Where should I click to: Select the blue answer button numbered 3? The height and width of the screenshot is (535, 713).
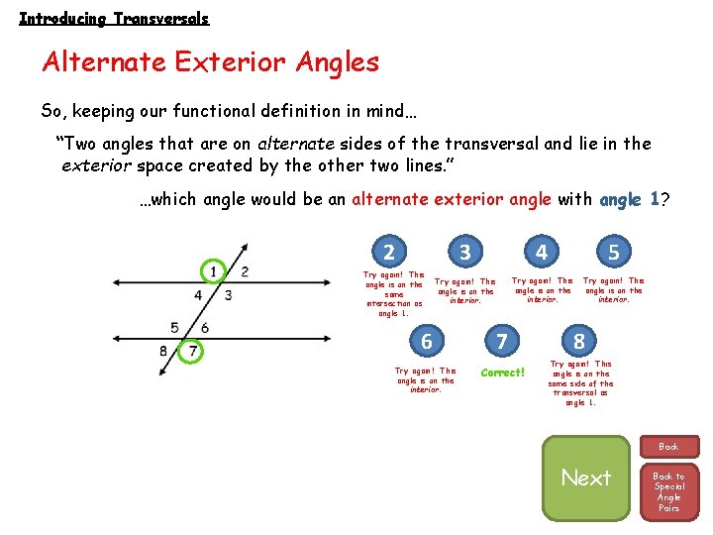pos(465,252)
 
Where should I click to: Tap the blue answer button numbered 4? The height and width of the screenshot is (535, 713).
pos(541,252)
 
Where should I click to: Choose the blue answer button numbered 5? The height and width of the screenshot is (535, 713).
pos(614,252)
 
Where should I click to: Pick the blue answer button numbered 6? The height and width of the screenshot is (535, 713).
pos(427,342)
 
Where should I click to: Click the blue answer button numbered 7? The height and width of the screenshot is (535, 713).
pos(502,342)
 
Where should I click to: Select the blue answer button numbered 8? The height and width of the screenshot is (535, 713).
pos(579,342)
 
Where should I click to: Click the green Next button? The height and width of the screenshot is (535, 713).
pos(586,479)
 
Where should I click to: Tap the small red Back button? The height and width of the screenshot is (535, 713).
pos(669,447)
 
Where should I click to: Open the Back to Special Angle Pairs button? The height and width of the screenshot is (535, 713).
pos(669,490)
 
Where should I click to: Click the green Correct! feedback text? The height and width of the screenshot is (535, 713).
pos(502,373)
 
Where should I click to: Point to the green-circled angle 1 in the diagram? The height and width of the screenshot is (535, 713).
pos(213,271)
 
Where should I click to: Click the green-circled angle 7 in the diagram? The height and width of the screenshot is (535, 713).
pos(194,351)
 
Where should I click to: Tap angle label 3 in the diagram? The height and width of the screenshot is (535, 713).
pos(228,294)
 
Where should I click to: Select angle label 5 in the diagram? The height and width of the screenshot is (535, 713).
pos(174,327)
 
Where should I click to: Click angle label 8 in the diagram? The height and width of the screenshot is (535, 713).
pos(163,351)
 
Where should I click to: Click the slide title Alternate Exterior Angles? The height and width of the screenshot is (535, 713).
pos(210,62)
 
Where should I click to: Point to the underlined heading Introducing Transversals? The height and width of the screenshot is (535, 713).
pos(114,18)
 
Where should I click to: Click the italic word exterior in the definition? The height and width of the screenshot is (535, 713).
pos(95,165)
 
